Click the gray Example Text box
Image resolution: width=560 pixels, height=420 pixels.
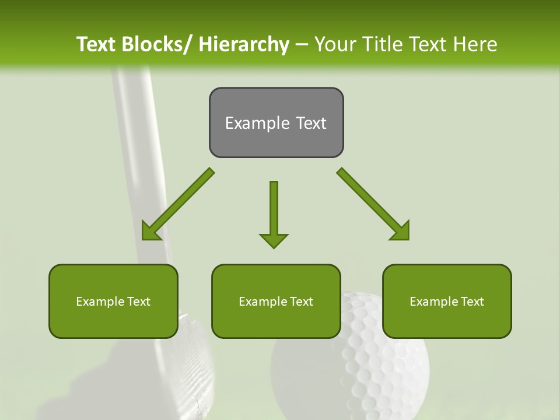click(276, 123)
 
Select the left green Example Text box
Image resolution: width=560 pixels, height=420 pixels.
click(113, 301)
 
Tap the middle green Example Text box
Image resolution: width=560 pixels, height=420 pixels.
click(276, 301)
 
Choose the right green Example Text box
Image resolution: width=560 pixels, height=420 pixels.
click(447, 301)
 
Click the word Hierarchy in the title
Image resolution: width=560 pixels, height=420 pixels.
click(244, 44)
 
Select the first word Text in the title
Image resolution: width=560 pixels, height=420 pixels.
click(96, 44)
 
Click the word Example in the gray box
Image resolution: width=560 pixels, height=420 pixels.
click(254, 123)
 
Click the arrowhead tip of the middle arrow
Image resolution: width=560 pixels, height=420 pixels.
click(274, 247)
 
